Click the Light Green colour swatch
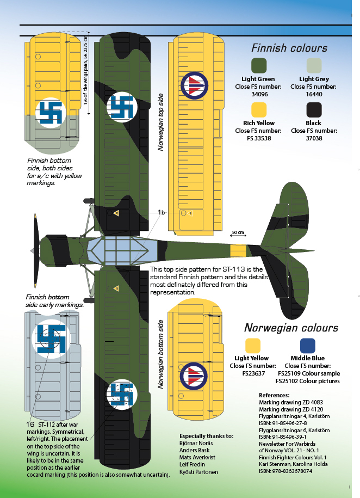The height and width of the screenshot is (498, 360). tap(259, 65)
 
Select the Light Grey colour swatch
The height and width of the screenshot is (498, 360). tap(314, 65)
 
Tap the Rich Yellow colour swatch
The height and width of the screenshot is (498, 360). tap(259, 109)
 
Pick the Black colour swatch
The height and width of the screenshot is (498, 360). tap(314, 109)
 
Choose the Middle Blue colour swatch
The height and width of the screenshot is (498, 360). tap(308, 346)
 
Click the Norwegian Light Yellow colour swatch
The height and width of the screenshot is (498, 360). tap(253, 346)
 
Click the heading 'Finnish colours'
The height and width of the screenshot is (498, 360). tap(289, 48)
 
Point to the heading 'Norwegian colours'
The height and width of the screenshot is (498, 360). tap(291, 328)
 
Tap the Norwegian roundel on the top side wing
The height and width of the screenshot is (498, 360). tap(194, 85)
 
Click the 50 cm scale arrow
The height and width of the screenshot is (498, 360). tap(238, 235)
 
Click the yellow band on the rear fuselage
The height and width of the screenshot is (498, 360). tap(238, 250)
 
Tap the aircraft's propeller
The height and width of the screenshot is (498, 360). tap(36, 250)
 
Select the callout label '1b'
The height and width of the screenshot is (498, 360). tap(162, 212)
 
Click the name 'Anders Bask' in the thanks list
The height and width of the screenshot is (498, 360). tap(194, 450)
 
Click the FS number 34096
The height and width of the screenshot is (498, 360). tap(259, 94)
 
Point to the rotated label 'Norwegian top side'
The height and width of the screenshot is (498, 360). tap(160, 122)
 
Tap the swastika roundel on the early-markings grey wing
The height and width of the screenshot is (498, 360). tap(51, 339)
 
